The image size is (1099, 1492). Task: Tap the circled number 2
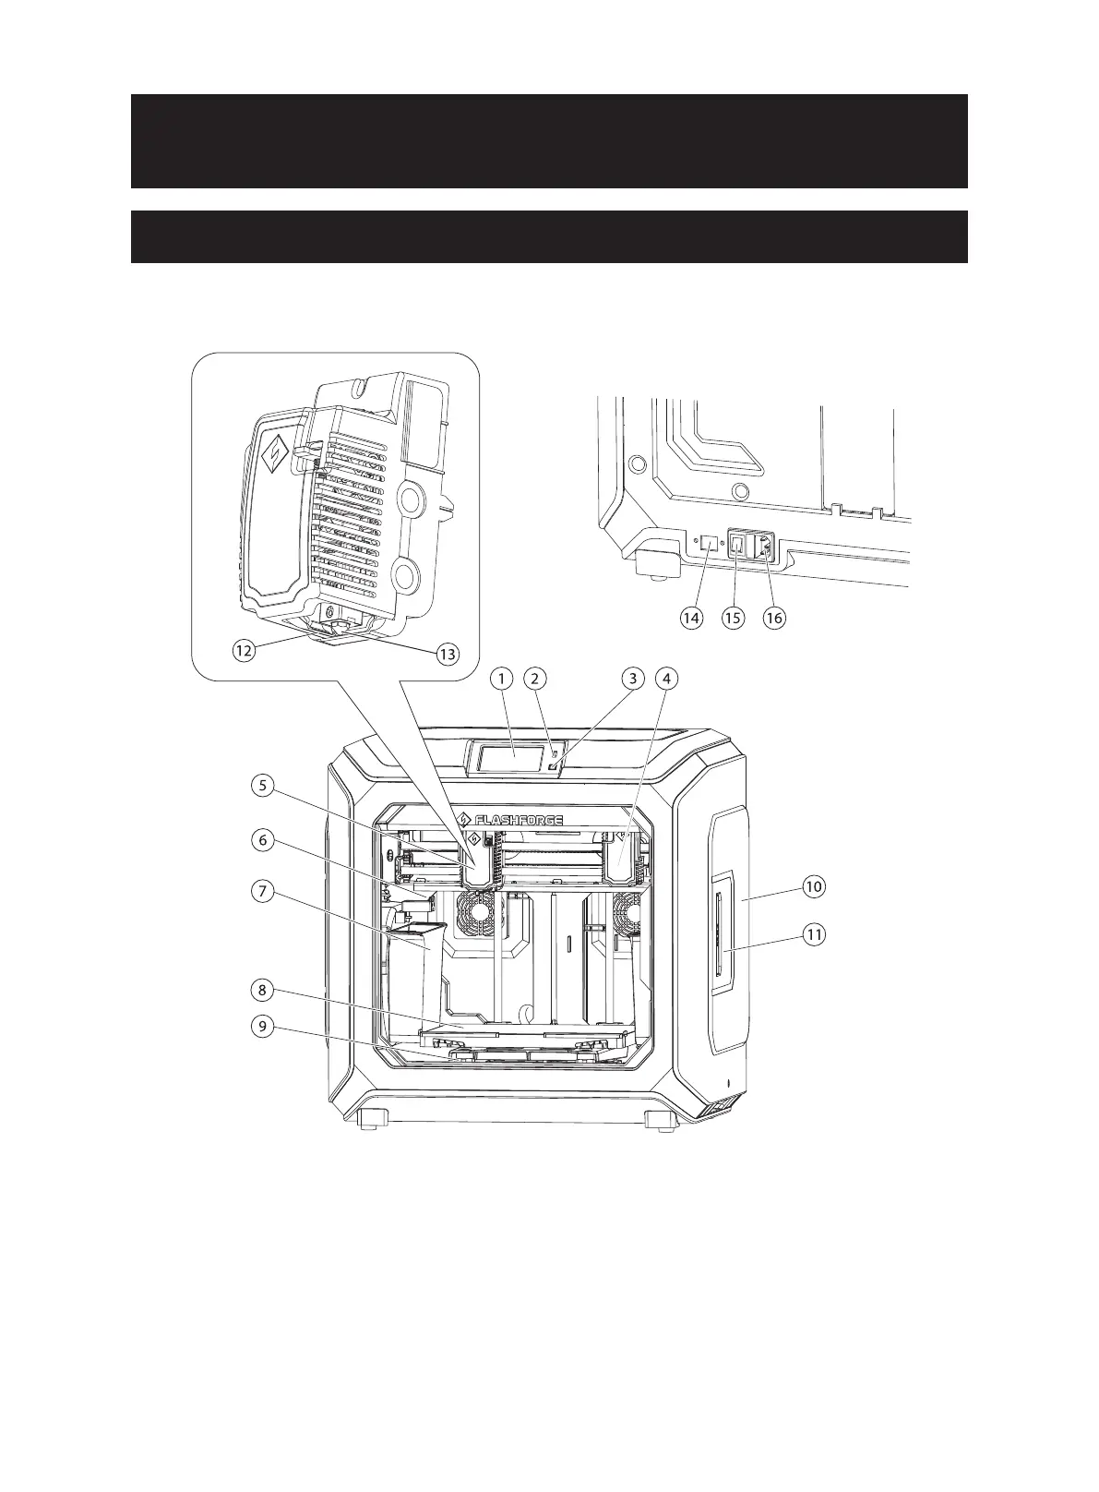(x=535, y=679)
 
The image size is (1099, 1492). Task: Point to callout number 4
(x=665, y=679)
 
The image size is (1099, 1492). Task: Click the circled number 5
(x=263, y=786)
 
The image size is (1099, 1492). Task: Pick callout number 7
(x=263, y=893)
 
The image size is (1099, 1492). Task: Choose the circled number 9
(x=263, y=1027)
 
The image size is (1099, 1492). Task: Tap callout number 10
(x=813, y=886)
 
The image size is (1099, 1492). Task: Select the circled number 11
(x=813, y=934)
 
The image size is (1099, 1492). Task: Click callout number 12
(x=243, y=650)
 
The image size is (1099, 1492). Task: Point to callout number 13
(x=447, y=655)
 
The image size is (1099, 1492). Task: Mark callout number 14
(x=690, y=618)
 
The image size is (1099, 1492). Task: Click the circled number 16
(x=774, y=618)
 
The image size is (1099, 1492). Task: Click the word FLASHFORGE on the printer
(x=519, y=820)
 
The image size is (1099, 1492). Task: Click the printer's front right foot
(x=660, y=1122)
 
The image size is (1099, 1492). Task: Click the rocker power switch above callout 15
(x=737, y=547)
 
